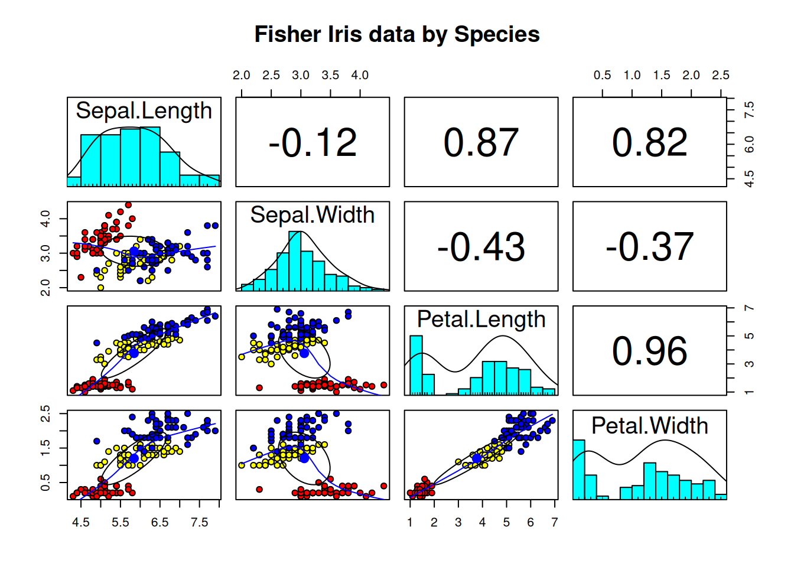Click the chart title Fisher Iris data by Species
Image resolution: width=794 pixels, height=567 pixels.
(x=397, y=34)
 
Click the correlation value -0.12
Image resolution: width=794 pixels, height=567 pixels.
(x=313, y=142)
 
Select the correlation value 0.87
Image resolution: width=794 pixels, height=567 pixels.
(x=481, y=142)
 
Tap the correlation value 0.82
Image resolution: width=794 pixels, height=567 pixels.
(x=650, y=142)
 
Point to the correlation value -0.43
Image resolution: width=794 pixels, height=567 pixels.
(x=481, y=247)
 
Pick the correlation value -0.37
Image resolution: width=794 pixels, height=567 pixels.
(x=650, y=247)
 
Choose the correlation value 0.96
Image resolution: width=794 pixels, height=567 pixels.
(x=650, y=351)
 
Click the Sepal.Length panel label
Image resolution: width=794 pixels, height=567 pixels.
(x=144, y=110)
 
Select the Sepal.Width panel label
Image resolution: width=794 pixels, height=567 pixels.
(x=313, y=215)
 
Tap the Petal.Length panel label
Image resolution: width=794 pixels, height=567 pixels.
(x=481, y=319)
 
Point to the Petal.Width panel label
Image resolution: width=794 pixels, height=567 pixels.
(x=650, y=426)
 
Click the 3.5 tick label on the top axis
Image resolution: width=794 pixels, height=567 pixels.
(x=330, y=75)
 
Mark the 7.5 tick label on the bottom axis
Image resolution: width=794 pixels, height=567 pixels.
(x=199, y=523)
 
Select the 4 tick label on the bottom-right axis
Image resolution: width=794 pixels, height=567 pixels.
(x=482, y=523)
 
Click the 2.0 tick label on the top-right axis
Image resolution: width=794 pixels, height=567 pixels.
(x=691, y=75)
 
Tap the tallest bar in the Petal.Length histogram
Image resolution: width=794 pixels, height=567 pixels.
(x=416, y=365)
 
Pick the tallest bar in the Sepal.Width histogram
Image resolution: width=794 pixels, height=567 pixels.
(x=295, y=260)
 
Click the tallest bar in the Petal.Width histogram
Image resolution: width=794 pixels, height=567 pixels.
(x=579, y=470)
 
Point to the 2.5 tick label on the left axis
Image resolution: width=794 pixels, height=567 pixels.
(x=45, y=413)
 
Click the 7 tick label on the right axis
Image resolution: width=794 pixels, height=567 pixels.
(x=749, y=308)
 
